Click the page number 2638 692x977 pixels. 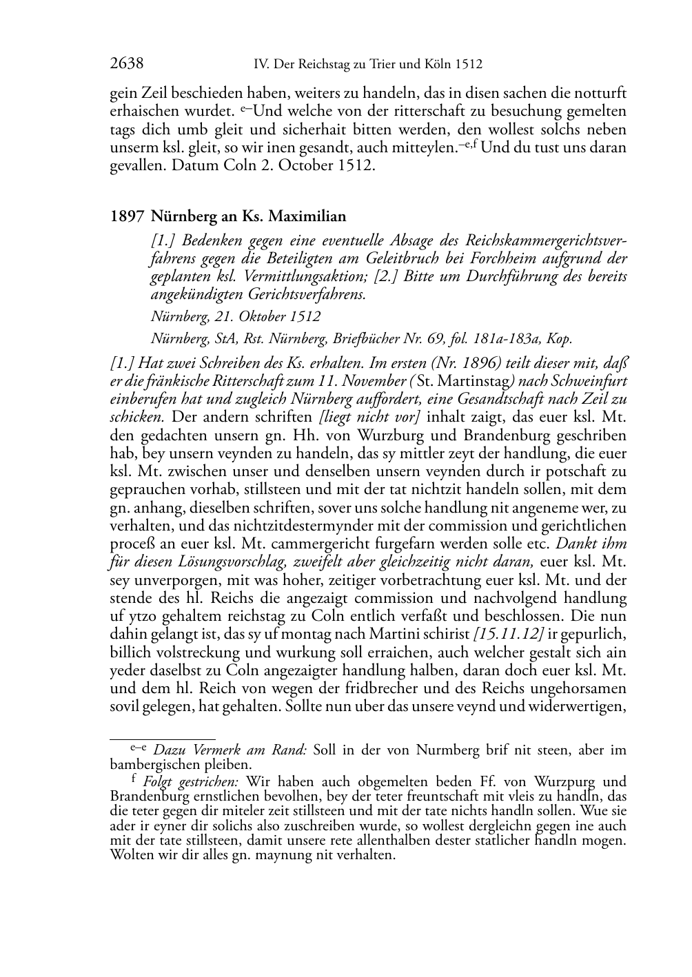(x=127, y=64)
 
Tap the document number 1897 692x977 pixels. (x=127, y=216)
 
